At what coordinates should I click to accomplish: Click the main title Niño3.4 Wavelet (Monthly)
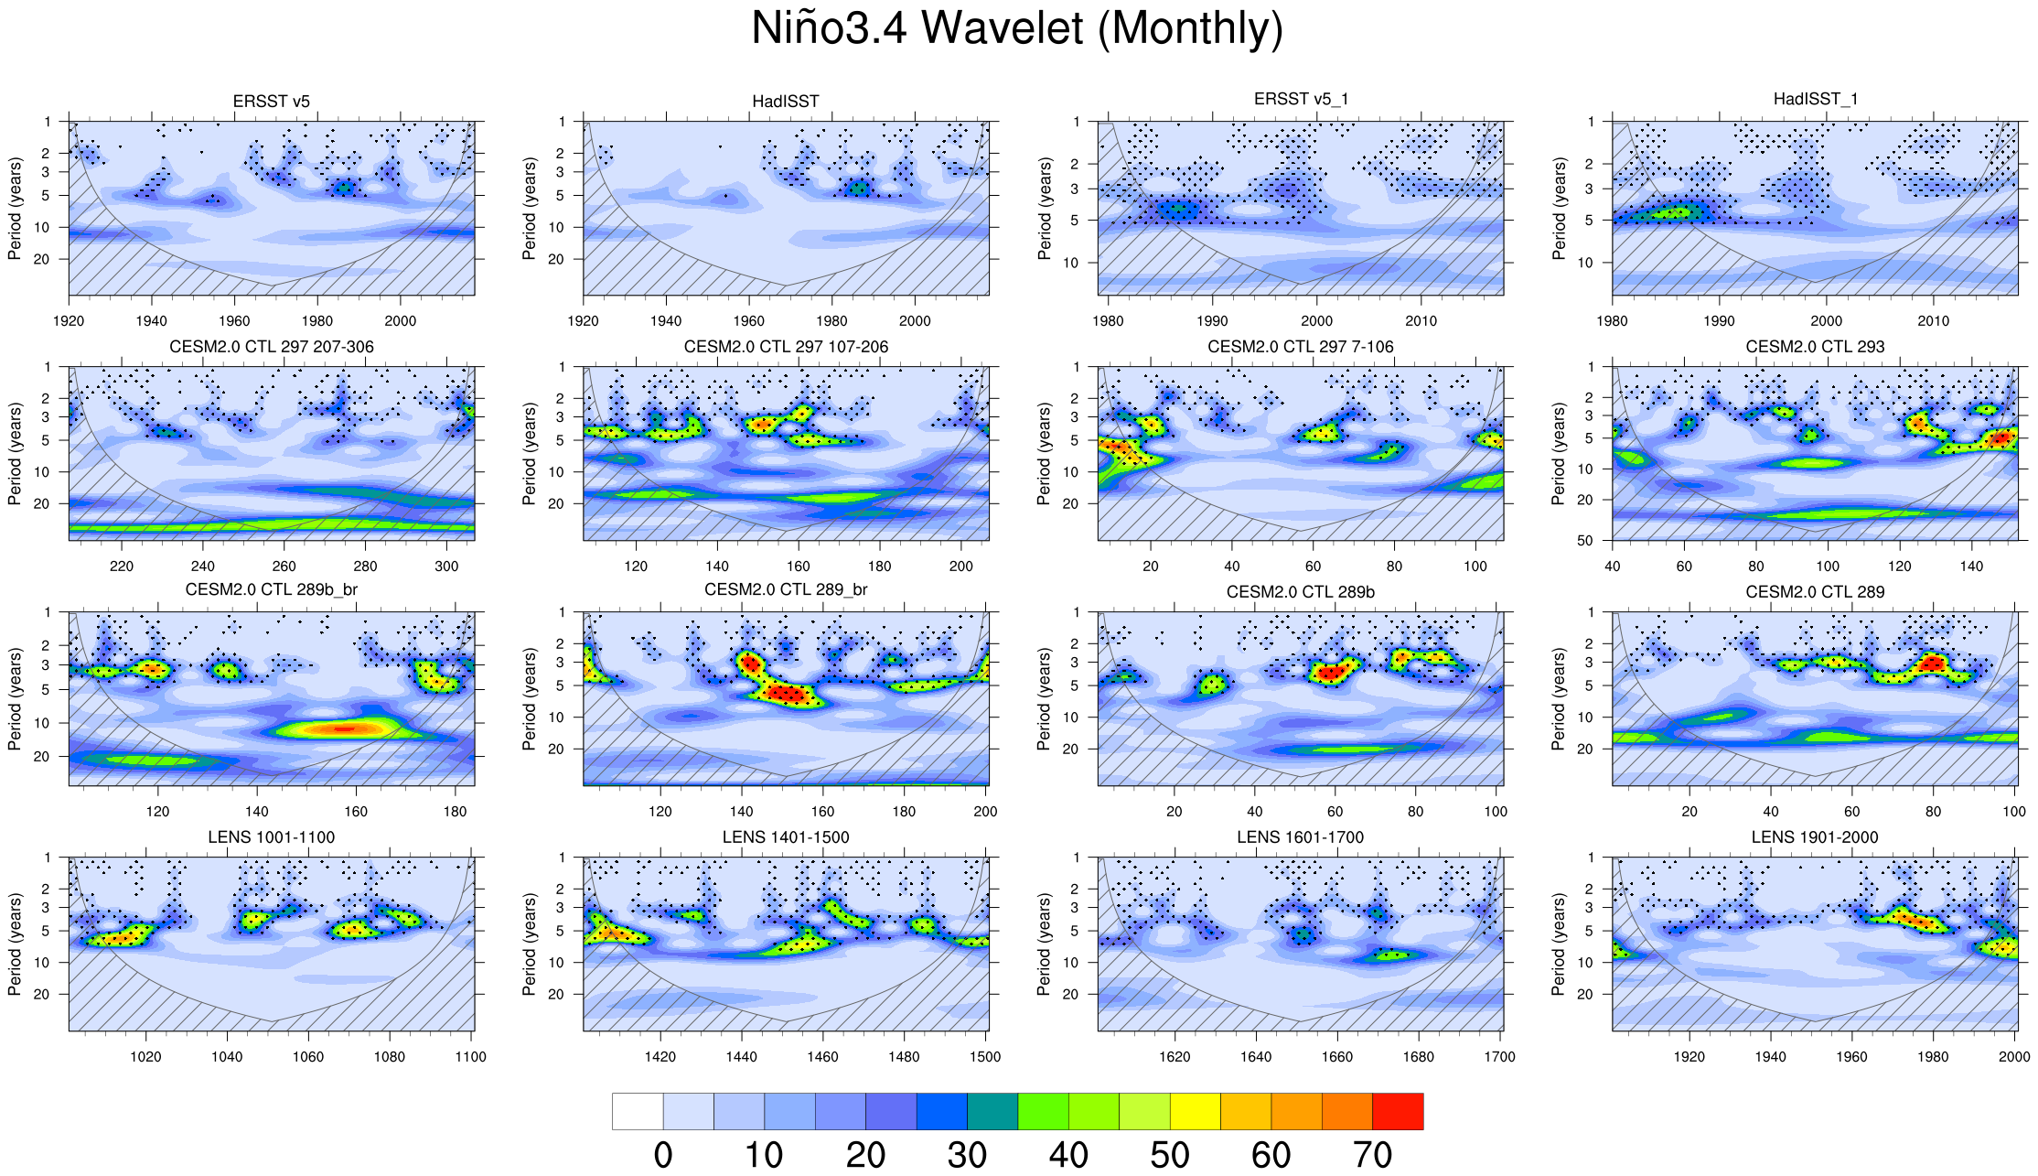pyautogui.click(x=1017, y=28)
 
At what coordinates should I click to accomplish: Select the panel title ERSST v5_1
pyautogui.click(x=1301, y=99)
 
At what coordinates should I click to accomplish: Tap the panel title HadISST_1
pyautogui.click(x=1815, y=99)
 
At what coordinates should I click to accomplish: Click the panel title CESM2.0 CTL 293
pyautogui.click(x=1815, y=347)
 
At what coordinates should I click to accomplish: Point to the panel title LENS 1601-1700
pyautogui.click(x=1300, y=837)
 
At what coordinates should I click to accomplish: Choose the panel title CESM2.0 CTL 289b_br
pyautogui.click(x=271, y=590)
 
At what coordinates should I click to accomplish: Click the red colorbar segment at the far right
pyautogui.click(x=1398, y=1111)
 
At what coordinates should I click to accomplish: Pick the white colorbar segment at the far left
pyautogui.click(x=638, y=1111)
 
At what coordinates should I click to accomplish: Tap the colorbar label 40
pyautogui.click(x=1068, y=1155)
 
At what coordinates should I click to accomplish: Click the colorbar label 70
pyautogui.click(x=1372, y=1155)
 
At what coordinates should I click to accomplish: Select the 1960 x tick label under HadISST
pyautogui.click(x=748, y=321)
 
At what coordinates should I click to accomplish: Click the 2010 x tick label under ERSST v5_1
pyautogui.click(x=1421, y=321)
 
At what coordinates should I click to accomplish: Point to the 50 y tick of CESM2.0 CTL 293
pyautogui.click(x=1585, y=541)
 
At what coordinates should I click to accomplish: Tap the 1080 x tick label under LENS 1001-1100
pyautogui.click(x=390, y=1057)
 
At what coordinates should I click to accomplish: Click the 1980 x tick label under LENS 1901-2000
pyautogui.click(x=1933, y=1057)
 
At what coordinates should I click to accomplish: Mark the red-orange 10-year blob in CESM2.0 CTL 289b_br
pyautogui.click(x=340, y=728)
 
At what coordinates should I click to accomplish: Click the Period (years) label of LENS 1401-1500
pyautogui.click(x=529, y=944)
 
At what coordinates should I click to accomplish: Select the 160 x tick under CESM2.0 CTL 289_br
pyautogui.click(x=822, y=812)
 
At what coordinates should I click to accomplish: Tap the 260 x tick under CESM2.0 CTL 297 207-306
pyautogui.click(x=284, y=566)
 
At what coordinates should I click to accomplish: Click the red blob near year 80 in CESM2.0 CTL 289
pyautogui.click(x=1932, y=662)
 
